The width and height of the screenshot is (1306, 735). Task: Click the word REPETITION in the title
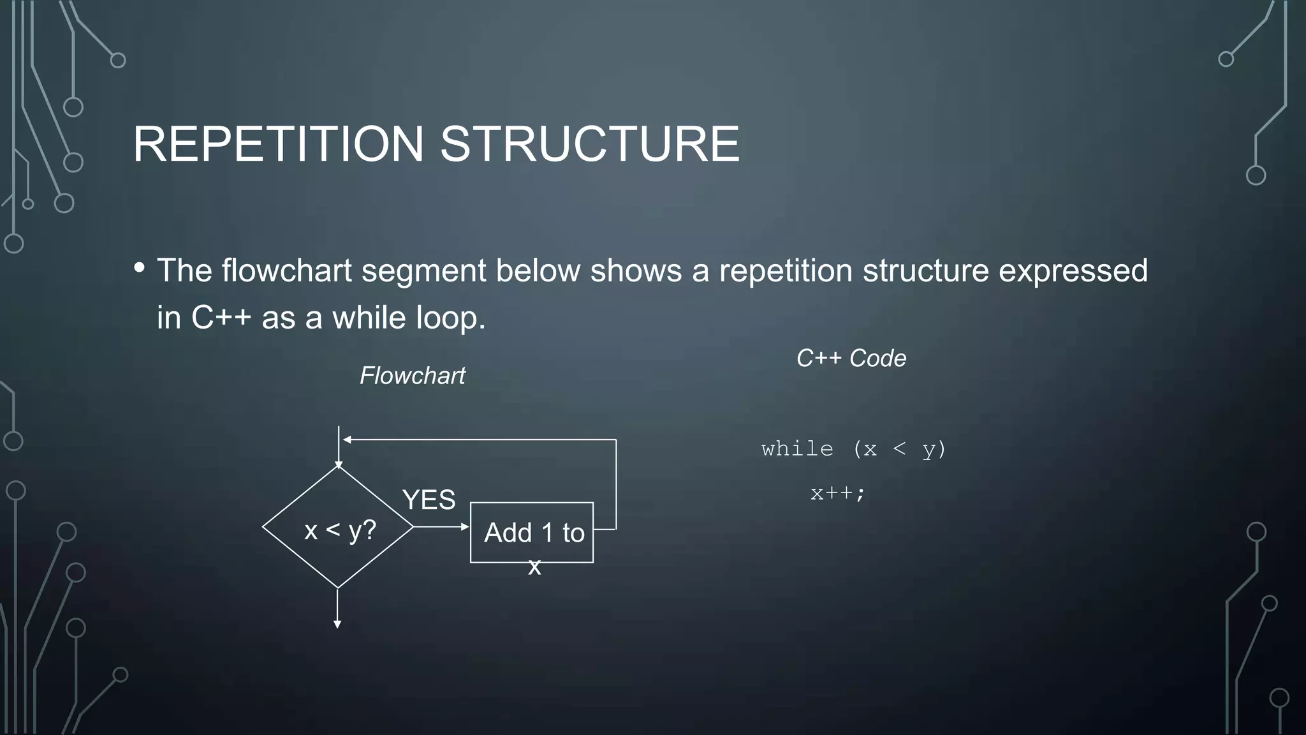coord(278,144)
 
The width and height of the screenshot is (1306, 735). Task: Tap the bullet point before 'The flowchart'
coord(140,268)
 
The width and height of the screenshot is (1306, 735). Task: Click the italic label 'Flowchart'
coord(412,376)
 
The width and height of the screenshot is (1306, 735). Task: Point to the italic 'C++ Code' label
coord(851,359)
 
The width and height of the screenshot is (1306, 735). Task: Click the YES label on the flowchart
coord(429,500)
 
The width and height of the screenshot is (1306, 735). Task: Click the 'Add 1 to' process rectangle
coord(532,532)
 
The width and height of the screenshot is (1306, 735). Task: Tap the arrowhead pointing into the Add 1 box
coord(465,527)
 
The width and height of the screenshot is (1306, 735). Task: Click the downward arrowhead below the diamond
coord(337,624)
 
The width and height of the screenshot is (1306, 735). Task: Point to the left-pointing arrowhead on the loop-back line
coord(347,440)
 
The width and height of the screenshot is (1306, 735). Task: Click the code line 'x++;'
coord(837,493)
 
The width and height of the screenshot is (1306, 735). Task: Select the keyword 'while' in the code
coord(797,449)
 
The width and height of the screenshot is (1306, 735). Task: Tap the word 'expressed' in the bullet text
coord(1073,271)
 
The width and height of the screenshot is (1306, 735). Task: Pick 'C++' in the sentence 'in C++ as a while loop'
coord(221,318)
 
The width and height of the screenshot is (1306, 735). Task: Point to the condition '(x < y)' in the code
coord(899,449)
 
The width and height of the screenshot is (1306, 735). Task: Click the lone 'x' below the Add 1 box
coord(534,567)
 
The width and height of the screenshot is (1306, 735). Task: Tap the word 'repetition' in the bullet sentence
coord(786,271)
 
